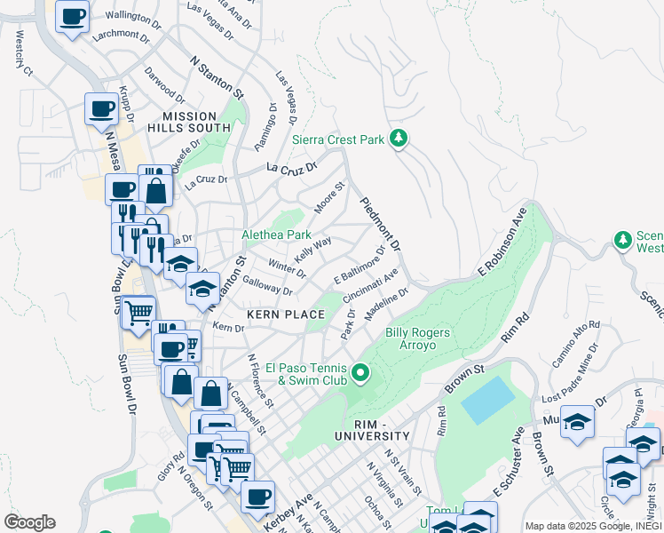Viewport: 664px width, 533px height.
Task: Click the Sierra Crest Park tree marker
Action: [399, 138]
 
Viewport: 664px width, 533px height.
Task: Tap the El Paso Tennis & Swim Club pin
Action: [360, 373]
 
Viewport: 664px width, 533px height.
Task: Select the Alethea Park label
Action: [277, 235]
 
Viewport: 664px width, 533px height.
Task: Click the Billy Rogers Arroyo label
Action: [417, 339]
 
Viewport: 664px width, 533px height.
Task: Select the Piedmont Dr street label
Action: [381, 224]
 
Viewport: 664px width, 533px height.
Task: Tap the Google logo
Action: [28, 522]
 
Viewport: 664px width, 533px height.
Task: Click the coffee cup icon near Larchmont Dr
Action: [72, 15]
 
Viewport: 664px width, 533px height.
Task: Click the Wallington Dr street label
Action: [135, 15]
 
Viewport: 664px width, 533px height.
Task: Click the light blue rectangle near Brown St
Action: [486, 401]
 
